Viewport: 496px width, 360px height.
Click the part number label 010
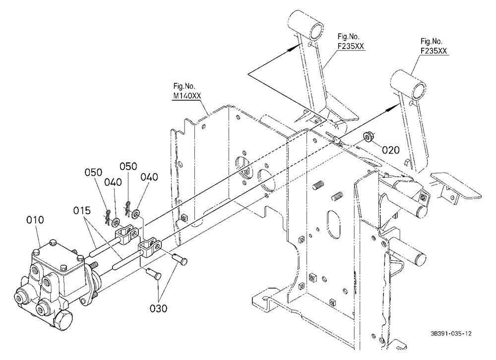(35, 220)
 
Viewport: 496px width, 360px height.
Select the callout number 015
(82, 210)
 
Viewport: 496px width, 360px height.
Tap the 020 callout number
(391, 150)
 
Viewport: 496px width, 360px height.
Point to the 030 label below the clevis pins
(158, 308)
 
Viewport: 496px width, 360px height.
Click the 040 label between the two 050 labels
(113, 182)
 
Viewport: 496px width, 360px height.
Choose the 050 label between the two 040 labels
(128, 167)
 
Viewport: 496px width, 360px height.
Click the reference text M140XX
(187, 96)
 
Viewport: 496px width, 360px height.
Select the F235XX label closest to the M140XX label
(351, 46)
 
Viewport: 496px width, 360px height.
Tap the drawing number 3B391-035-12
(451, 333)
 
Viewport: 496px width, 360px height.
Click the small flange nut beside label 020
(368, 137)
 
